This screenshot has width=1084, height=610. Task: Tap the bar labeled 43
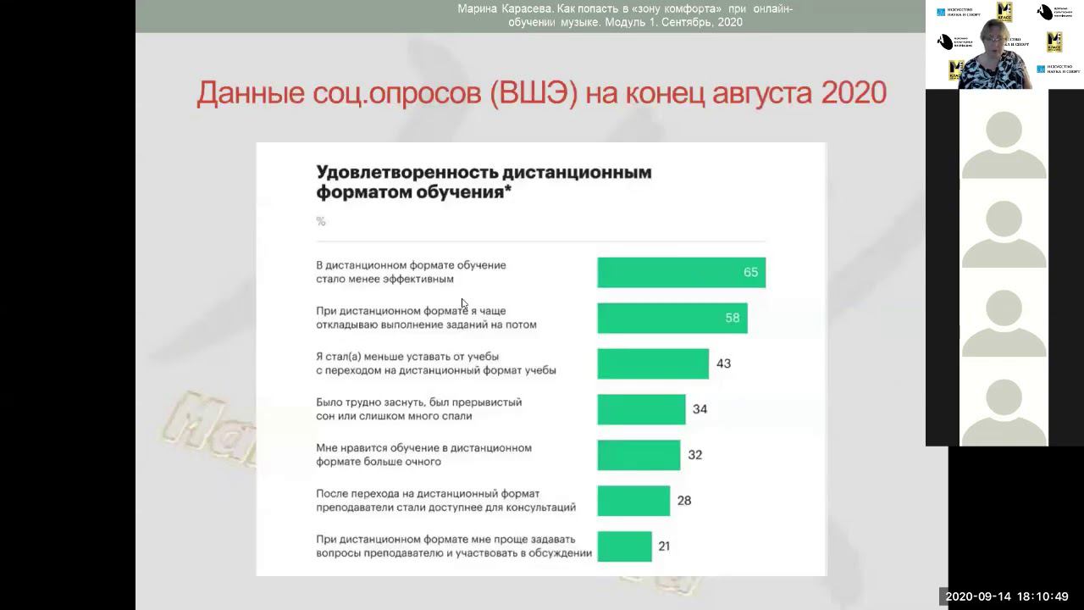pyautogui.click(x=652, y=363)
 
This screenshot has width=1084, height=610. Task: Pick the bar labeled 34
pyautogui.click(x=641, y=409)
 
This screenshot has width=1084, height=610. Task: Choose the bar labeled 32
pyautogui.click(x=639, y=455)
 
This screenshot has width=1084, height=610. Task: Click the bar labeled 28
pyautogui.click(x=633, y=501)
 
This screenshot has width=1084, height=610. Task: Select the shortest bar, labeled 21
pyautogui.click(x=624, y=546)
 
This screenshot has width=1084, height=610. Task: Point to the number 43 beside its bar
pyautogui.click(x=723, y=363)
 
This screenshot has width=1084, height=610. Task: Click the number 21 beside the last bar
pyautogui.click(x=664, y=546)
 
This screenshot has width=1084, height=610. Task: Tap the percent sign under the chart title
pyautogui.click(x=321, y=221)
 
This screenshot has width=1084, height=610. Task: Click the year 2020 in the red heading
pyautogui.click(x=854, y=92)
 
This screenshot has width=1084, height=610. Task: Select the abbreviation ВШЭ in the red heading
pyautogui.click(x=534, y=92)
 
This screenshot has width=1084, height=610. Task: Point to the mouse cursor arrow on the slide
pyautogui.click(x=464, y=304)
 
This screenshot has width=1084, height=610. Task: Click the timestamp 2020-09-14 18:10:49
pyautogui.click(x=1007, y=596)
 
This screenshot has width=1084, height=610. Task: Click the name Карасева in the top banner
pyautogui.click(x=522, y=9)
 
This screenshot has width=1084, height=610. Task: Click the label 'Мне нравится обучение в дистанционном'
pyautogui.click(x=423, y=448)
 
